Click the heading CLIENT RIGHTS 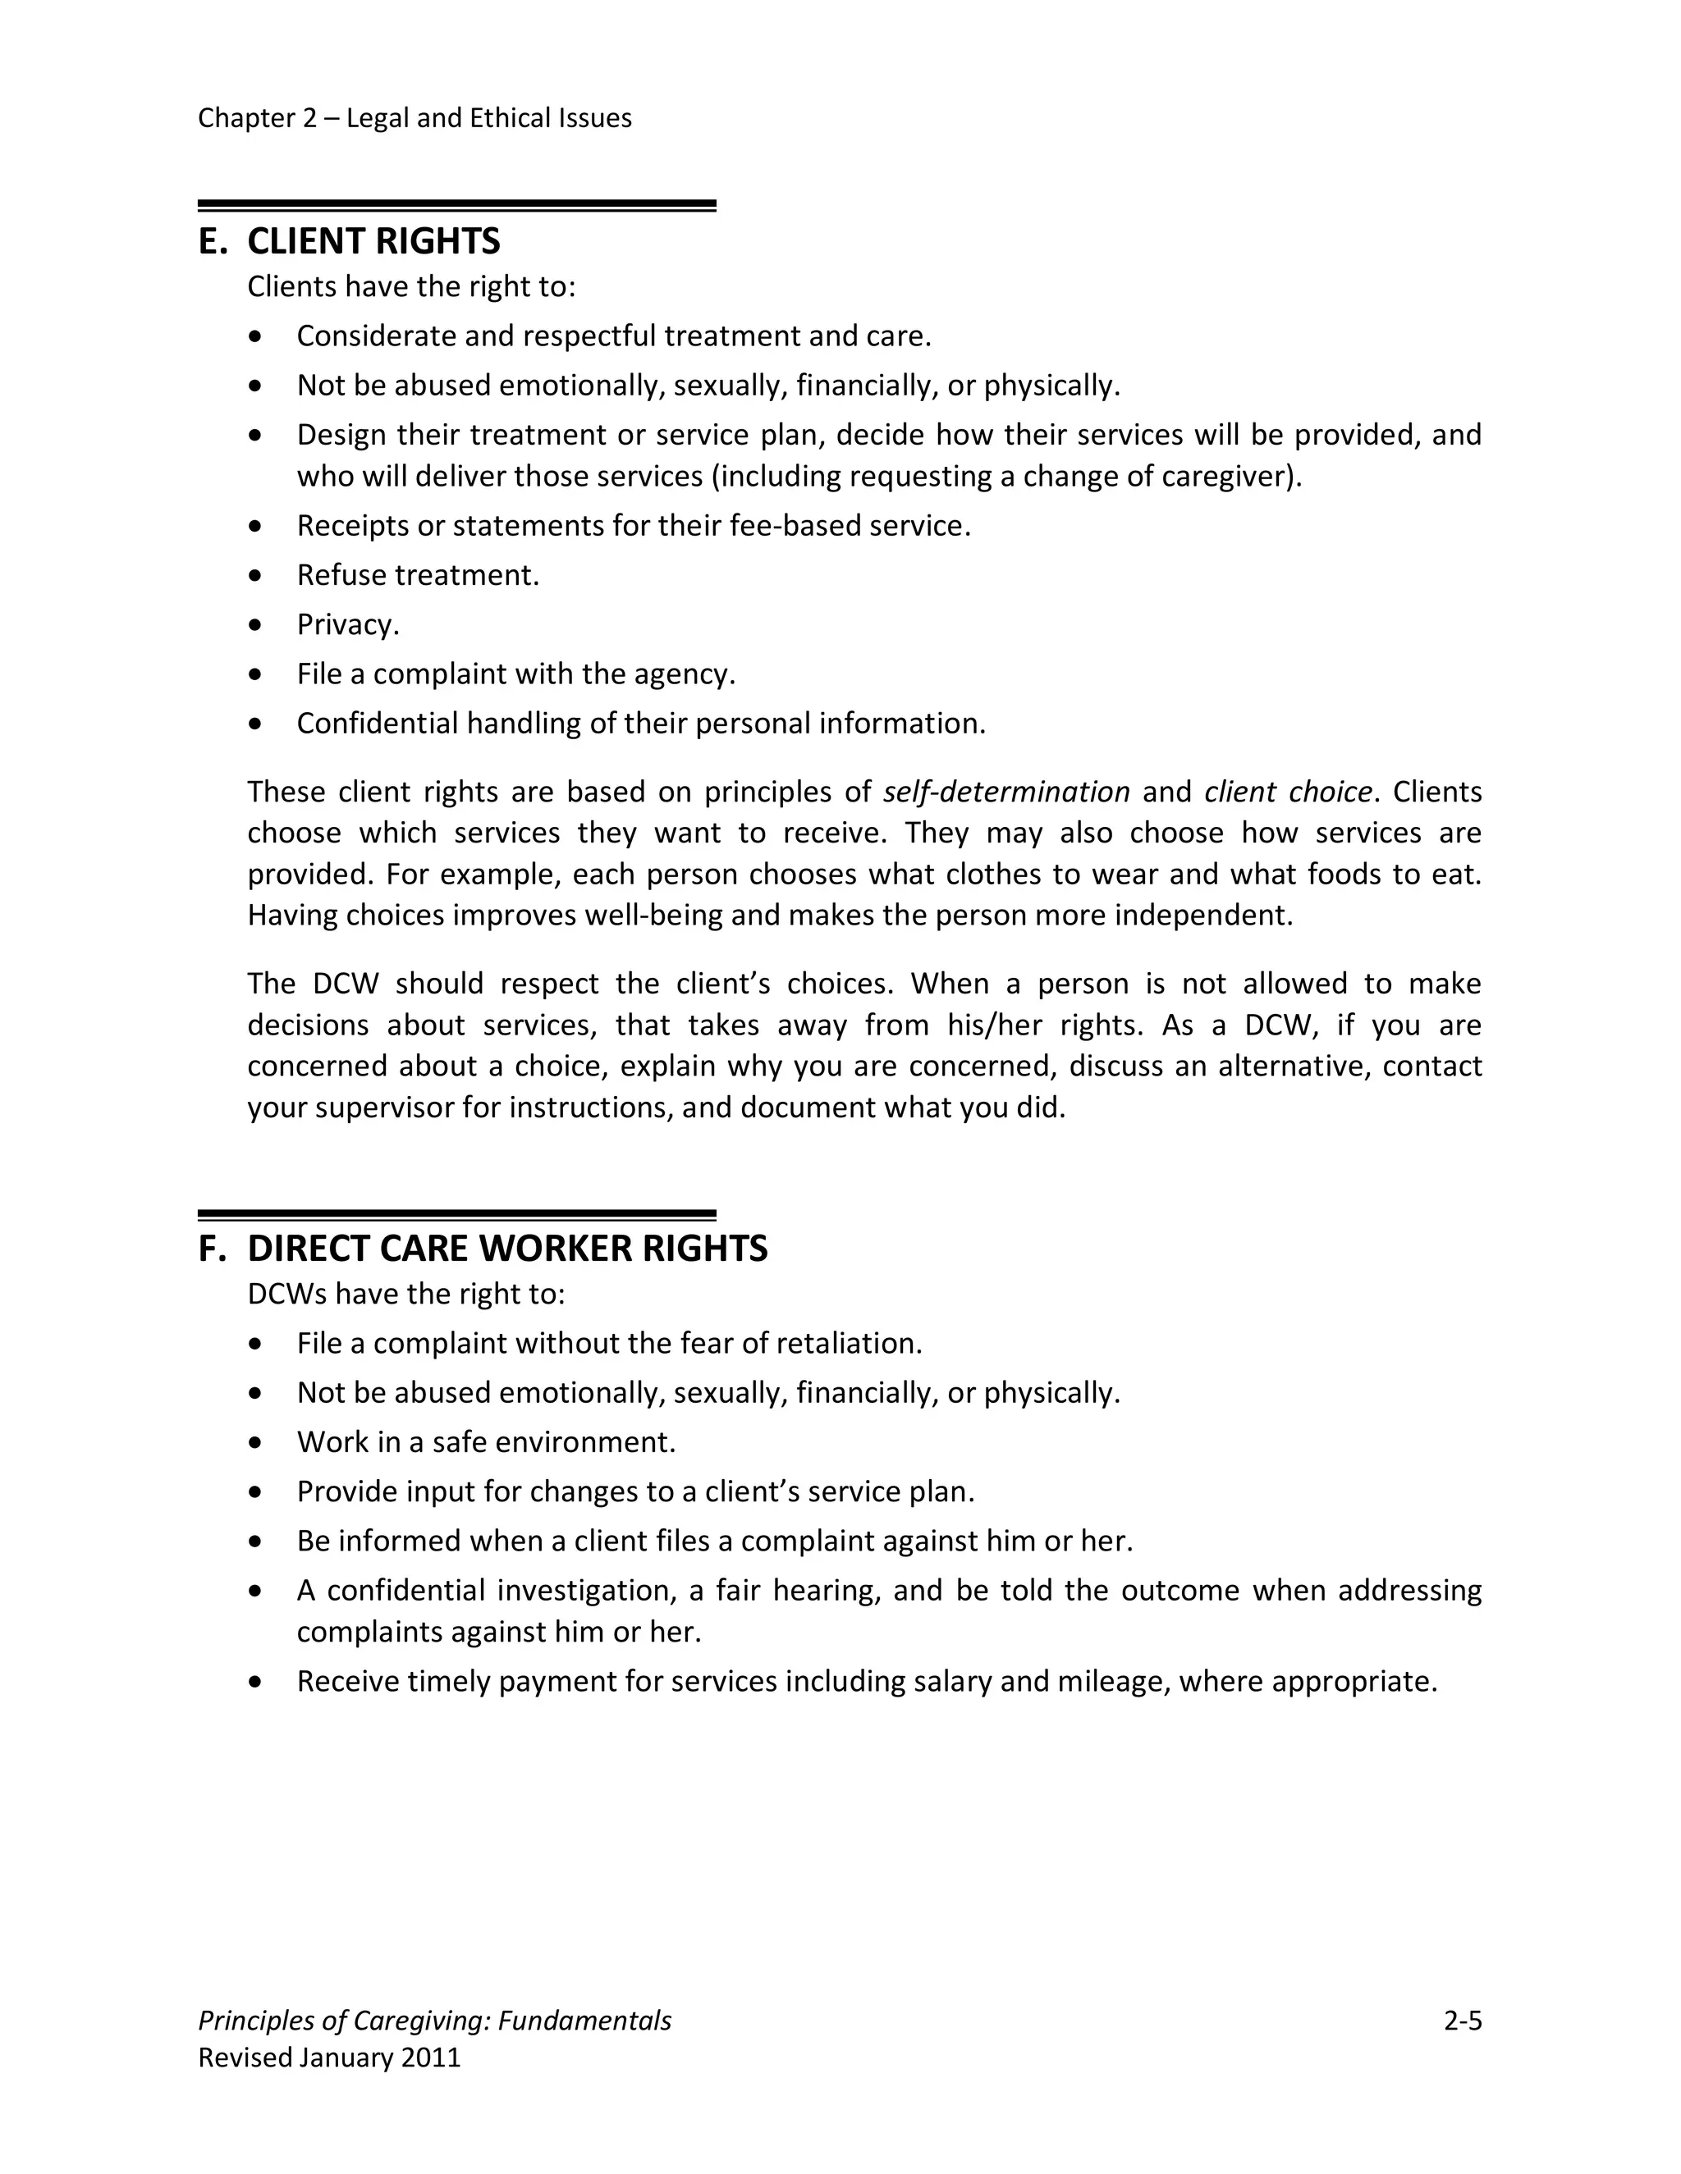pos(373,242)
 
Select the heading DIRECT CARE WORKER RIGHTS pos(507,1249)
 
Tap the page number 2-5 pos(1462,2021)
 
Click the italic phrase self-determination pos(1005,792)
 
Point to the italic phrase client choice pos(1288,792)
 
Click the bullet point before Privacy pos(257,626)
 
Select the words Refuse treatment pos(417,575)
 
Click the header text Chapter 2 pos(257,118)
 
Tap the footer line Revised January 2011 pos(330,2058)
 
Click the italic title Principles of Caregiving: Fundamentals pos(434,2021)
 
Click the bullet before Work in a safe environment pos(257,1443)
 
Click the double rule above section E pos(456,206)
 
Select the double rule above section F pos(456,1214)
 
